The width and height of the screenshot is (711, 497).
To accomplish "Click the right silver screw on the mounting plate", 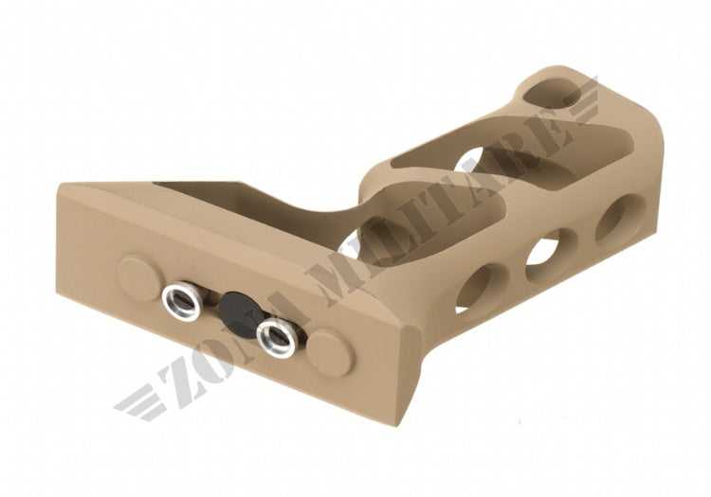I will click(x=276, y=332).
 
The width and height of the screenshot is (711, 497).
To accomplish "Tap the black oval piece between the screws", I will click(x=232, y=306).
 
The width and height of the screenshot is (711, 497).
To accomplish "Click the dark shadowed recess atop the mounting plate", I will click(x=190, y=189).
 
